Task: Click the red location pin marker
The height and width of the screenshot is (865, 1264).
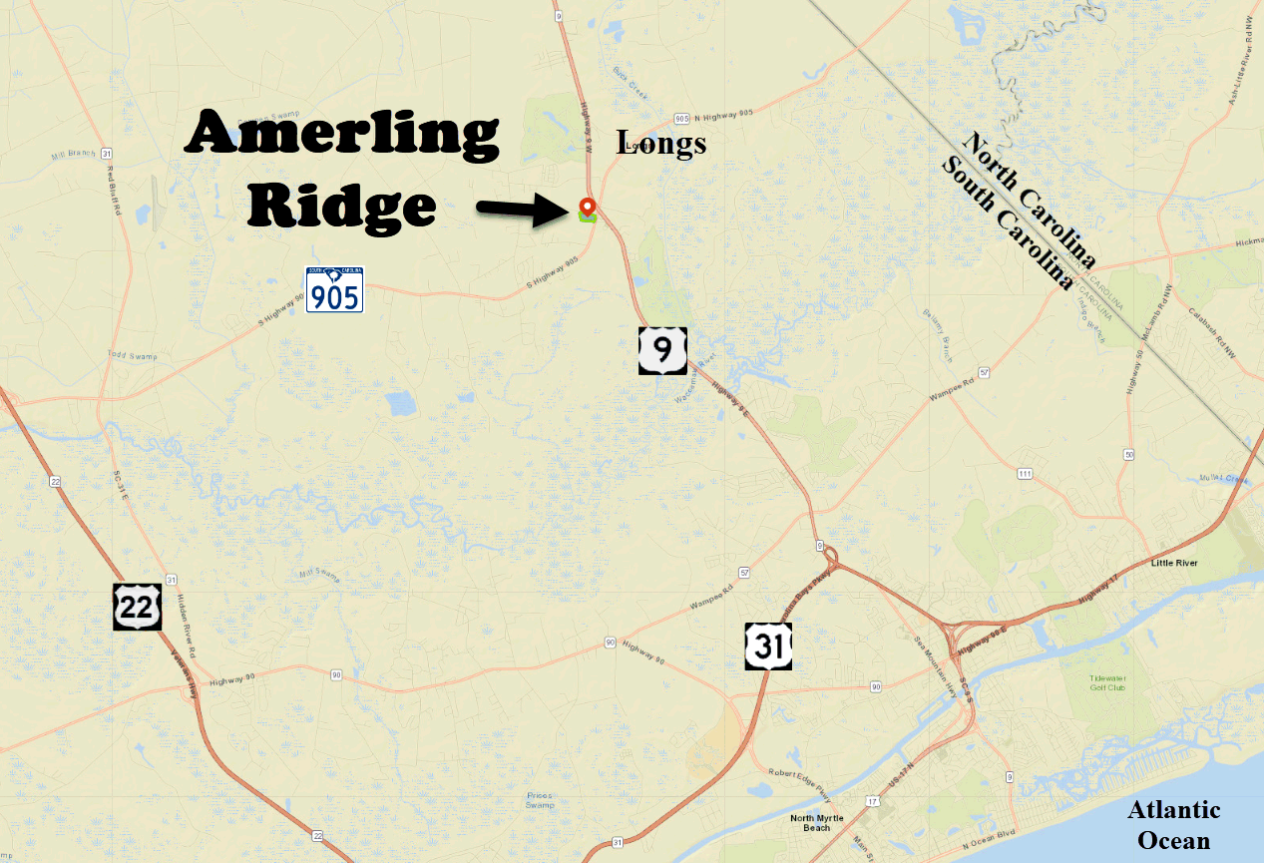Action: pyautogui.click(x=587, y=207)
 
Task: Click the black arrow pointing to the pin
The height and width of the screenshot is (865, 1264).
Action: pyautogui.click(x=521, y=210)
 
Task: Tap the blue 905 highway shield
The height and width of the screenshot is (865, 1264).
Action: pyautogui.click(x=334, y=289)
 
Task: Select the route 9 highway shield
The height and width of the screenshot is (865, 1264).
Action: pyautogui.click(x=662, y=350)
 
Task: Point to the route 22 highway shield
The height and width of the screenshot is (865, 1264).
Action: pyautogui.click(x=137, y=608)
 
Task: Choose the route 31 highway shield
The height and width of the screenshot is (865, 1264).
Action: pyautogui.click(x=767, y=647)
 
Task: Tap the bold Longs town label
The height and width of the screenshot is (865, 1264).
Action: pyautogui.click(x=661, y=144)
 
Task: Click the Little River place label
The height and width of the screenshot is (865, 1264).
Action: pyautogui.click(x=1173, y=564)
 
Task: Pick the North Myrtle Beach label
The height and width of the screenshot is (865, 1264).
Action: pyautogui.click(x=816, y=823)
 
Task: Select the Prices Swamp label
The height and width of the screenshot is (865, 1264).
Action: pyautogui.click(x=539, y=799)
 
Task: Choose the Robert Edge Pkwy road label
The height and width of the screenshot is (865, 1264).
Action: pyautogui.click(x=798, y=774)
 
